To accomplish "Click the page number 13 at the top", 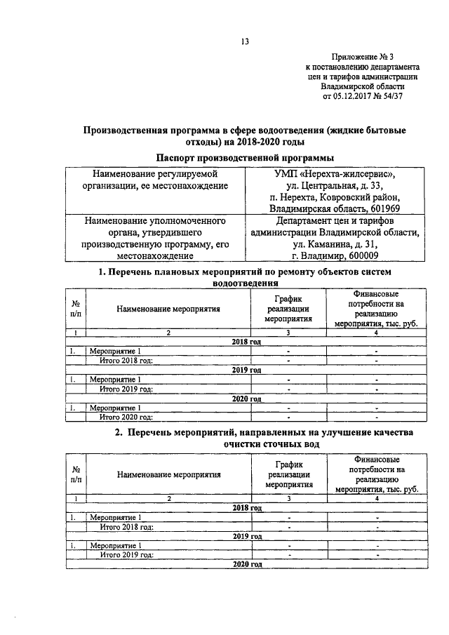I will click(246, 41).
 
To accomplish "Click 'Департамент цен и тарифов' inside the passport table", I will click(336, 220).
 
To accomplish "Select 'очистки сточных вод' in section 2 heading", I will click(272, 444).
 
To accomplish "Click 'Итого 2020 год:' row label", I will click(126, 416).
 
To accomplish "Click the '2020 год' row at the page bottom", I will click(247, 564).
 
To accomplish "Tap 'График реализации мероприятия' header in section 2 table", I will click(288, 474).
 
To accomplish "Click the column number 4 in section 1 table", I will click(377, 332).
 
